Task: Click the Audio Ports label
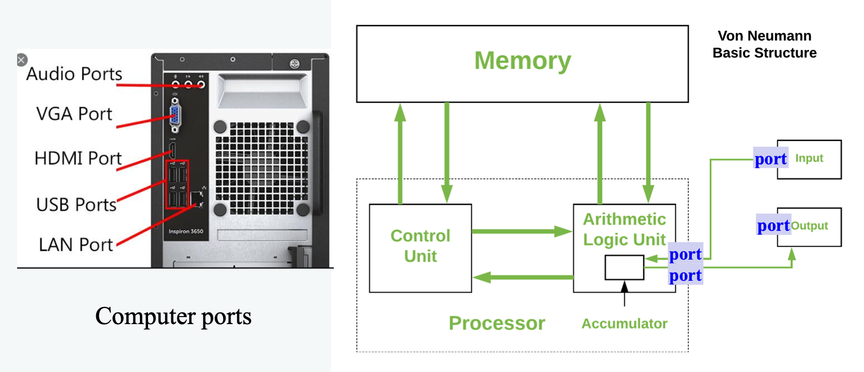(x=74, y=74)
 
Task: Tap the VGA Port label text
(x=74, y=114)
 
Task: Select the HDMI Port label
(x=78, y=158)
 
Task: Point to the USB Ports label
(x=76, y=205)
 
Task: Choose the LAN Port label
(x=76, y=244)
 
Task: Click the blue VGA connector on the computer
(x=175, y=116)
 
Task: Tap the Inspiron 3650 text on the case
(x=186, y=231)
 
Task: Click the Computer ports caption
(x=173, y=317)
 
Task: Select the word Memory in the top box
(x=523, y=60)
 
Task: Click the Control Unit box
(x=420, y=247)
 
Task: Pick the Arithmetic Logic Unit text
(x=624, y=229)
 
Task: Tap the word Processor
(x=497, y=323)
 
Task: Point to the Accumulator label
(x=624, y=324)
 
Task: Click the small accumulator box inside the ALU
(x=624, y=267)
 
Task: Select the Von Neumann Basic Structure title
(x=764, y=44)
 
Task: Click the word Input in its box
(x=809, y=158)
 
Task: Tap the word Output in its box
(x=809, y=226)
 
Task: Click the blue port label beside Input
(x=770, y=159)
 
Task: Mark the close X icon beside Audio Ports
(x=21, y=60)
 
